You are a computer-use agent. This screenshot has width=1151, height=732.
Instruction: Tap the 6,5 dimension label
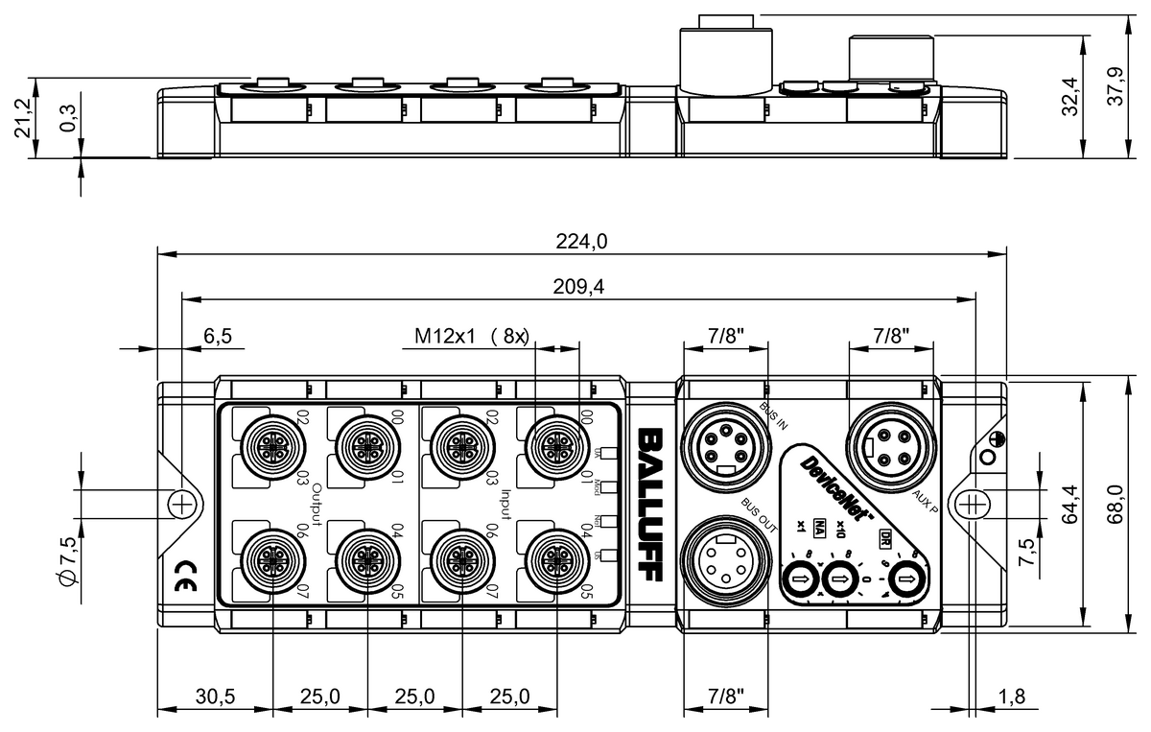coord(218,336)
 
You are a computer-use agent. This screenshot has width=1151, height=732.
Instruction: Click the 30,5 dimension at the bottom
coord(215,695)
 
